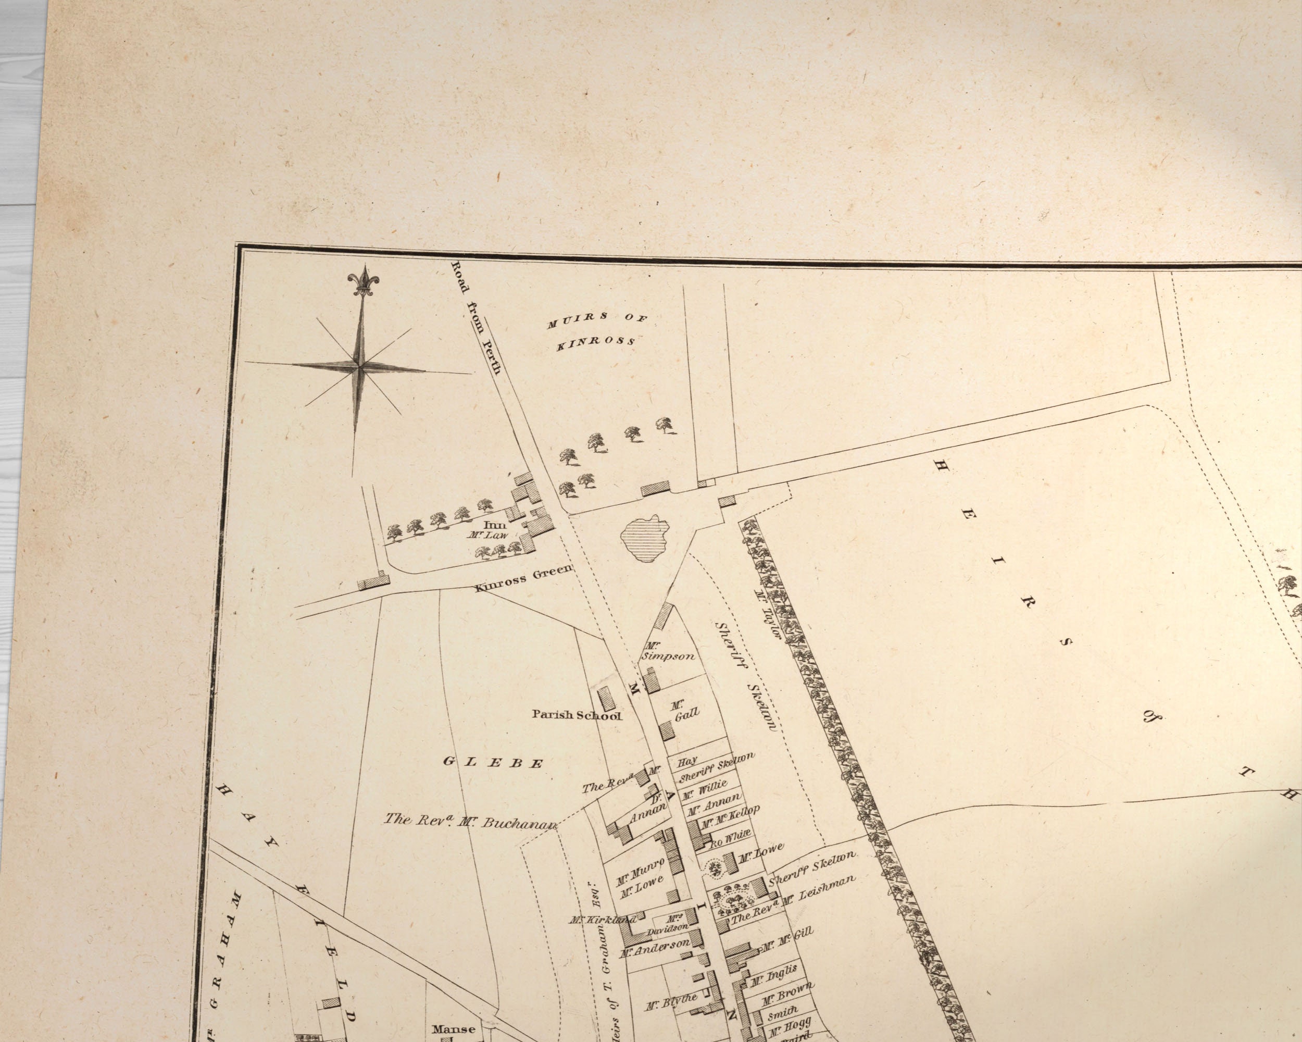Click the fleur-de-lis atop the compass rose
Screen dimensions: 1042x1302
pyautogui.click(x=363, y=281)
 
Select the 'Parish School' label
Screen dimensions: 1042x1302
pyautogui.click(x=576, y=715)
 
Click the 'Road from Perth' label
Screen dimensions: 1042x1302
pyautogui.click(x=477, y=317)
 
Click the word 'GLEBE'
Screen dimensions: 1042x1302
pyautogui.click(x=493, y=762)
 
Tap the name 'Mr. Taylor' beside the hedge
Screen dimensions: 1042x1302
pyautogui.click(x=768, y=614)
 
